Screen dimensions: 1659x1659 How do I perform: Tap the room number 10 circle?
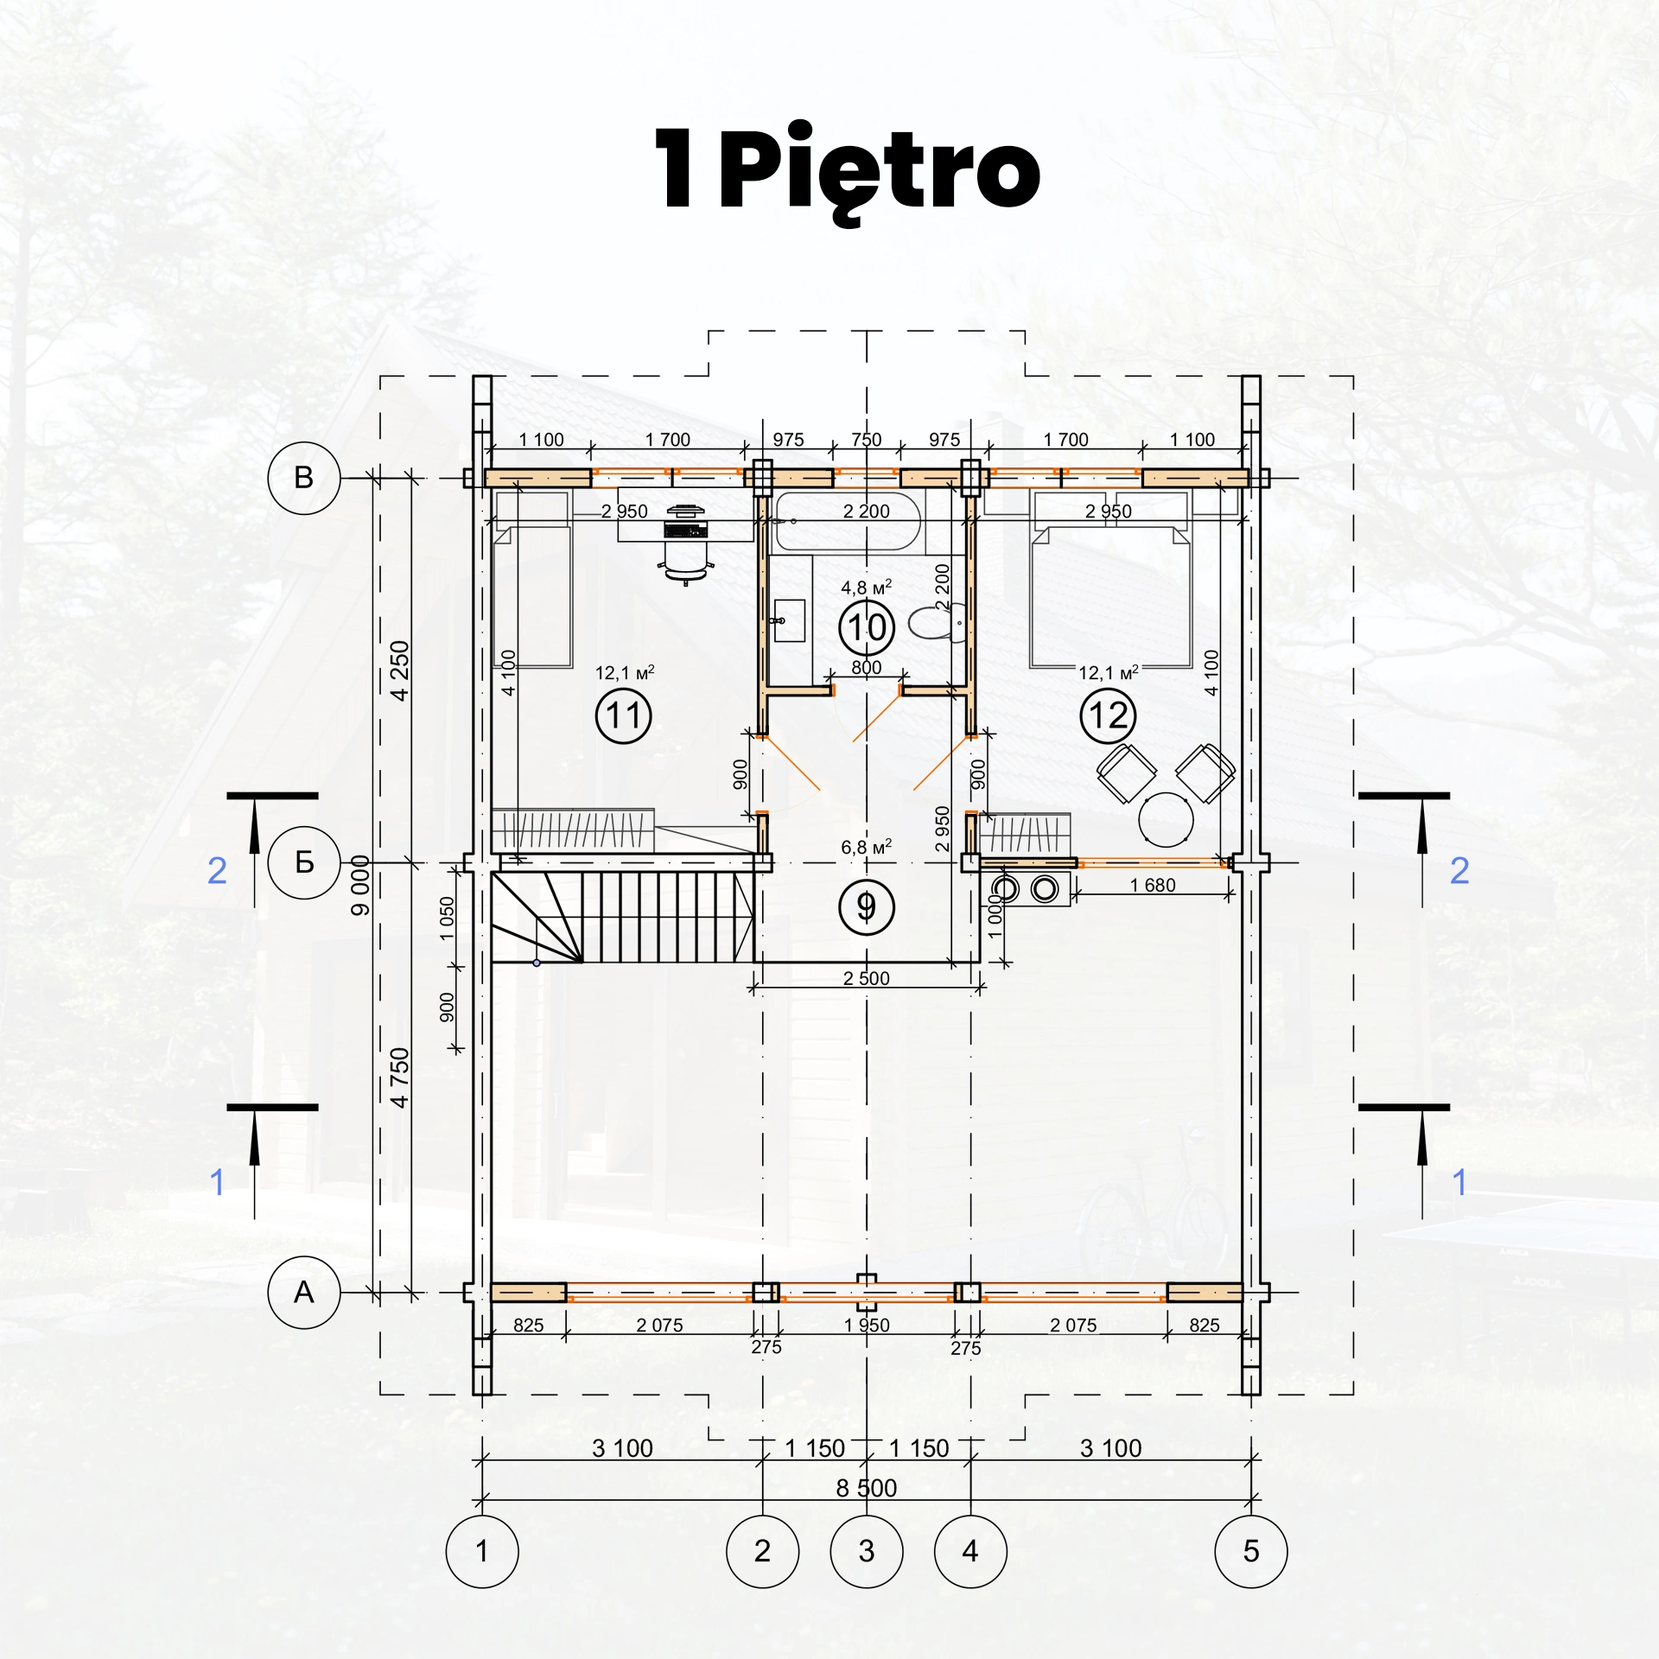click(867, 627)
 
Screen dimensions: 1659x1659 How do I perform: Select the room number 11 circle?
click(624, 715)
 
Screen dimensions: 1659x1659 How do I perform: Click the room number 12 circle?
click(1109, 715)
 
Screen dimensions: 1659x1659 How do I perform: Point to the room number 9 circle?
click(867, 906)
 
